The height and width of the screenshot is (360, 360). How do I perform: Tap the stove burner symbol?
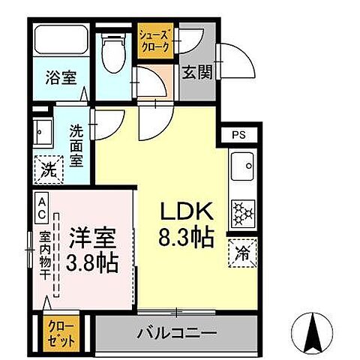pos(244,213)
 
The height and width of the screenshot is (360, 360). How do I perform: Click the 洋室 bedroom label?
pos(93,239)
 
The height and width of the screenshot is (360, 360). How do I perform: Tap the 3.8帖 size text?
pos(93,263)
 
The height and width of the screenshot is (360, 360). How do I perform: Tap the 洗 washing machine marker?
pos(48,168)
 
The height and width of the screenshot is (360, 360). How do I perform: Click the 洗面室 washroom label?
pos(77,145)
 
